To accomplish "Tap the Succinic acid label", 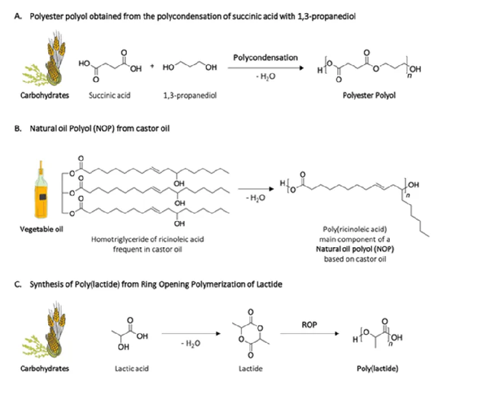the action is [x=109, y=95].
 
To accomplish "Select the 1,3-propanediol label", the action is [x=190, y=95].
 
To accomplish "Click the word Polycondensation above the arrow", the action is [x=265, y=58].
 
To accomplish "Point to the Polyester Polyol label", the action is [x=369, y=95].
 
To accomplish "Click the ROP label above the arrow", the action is [x=309, y=325].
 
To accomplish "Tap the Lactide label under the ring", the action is [x=250, y=369].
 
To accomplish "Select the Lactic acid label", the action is [x=132, y=369].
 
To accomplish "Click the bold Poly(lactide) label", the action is [x=377, y=369].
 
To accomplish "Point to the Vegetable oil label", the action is [x=41, y=229].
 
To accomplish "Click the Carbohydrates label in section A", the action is [x=45, y=95].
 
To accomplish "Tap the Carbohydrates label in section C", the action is [x=45, y=369].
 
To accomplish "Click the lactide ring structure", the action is [x=251, y=333].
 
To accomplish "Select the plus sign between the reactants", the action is [x=152, y=66].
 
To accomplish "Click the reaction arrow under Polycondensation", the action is [x=266, y=68].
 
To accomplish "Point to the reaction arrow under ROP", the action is [x=309, y=333].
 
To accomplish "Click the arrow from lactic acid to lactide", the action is [x=191, y=333].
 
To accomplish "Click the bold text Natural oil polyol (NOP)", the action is [x=355, y=249].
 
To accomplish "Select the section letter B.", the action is [x=18, y=129].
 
